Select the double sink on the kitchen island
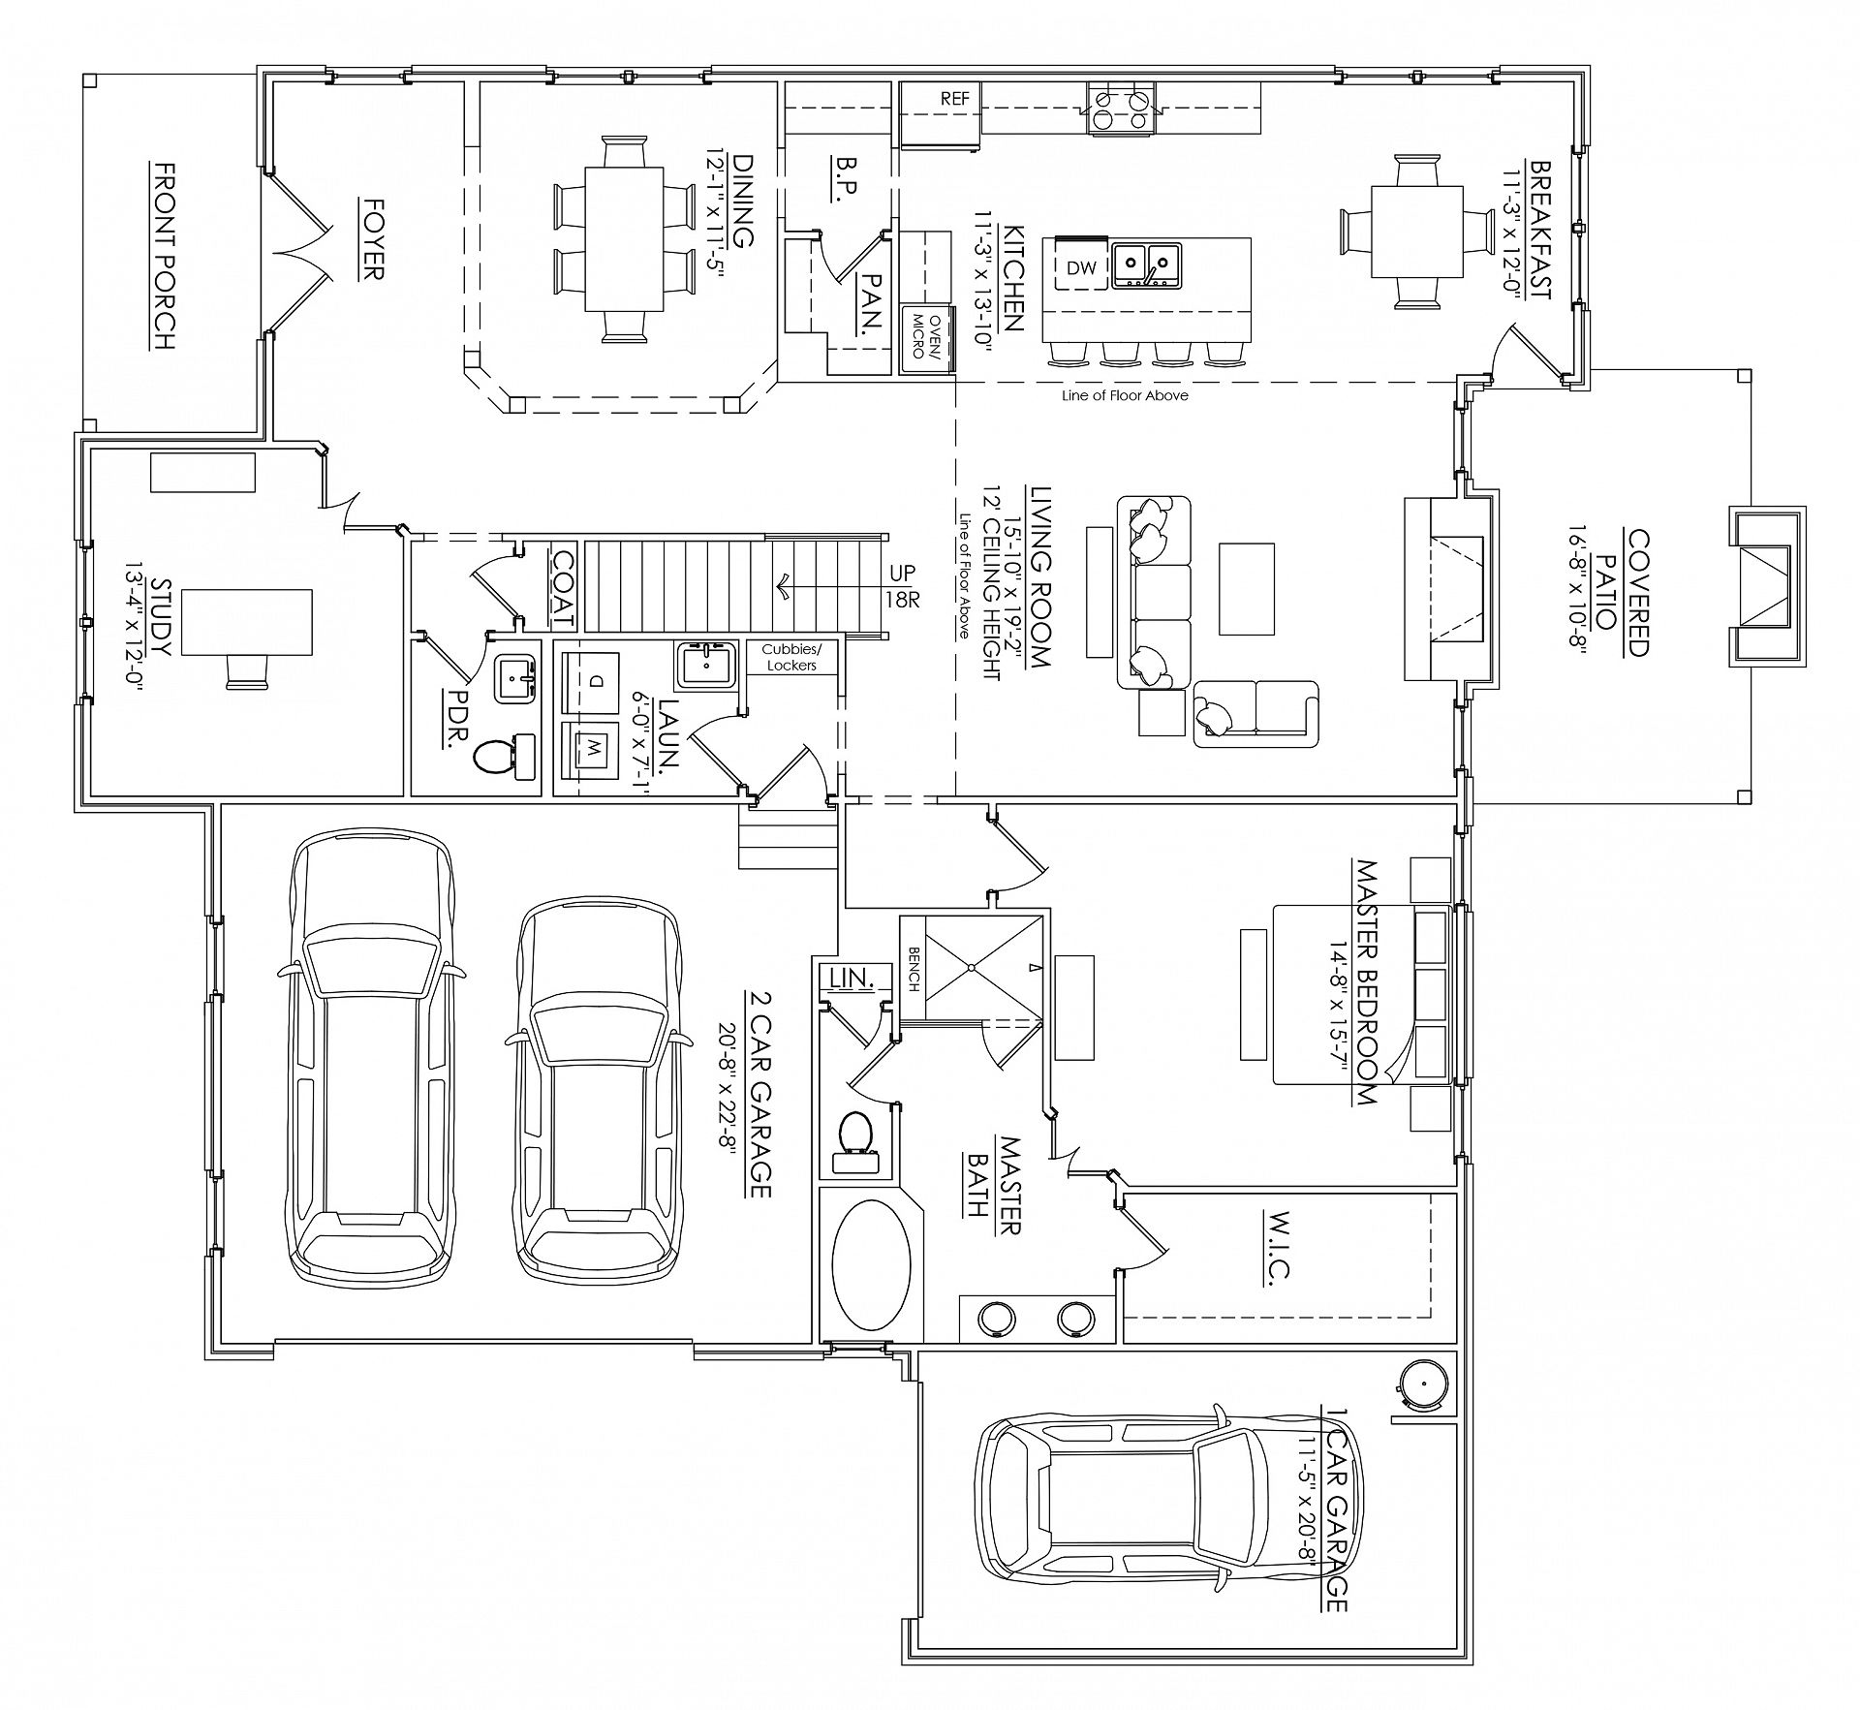click(x=1146, y=265)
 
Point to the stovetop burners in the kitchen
click(x=1123, y=108)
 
